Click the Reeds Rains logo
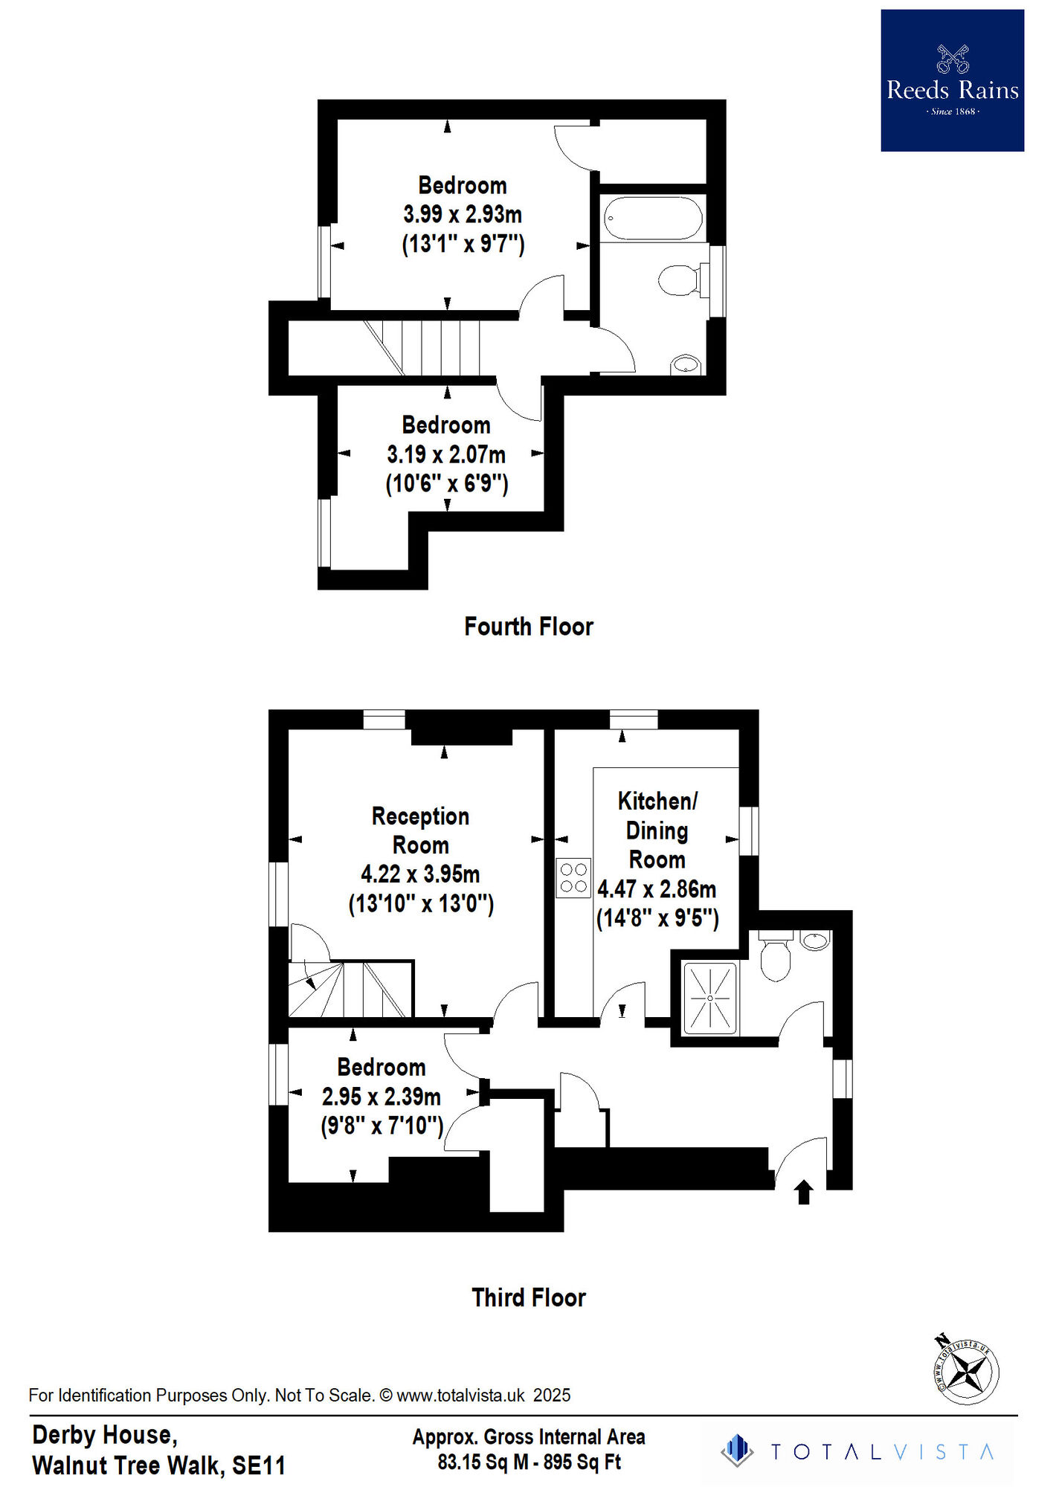coord(952,80)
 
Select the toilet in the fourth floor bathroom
coord(678,280)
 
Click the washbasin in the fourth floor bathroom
coord(686,365)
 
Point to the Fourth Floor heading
coord(528,627)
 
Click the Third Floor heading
coord(528,1297)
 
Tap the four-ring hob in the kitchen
coord(573,877)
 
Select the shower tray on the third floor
coord(709,998)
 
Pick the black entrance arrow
coord(803,1192)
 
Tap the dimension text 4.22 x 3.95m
coord(420,874)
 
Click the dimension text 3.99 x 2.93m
coord(463,215)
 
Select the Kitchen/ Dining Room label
coord(657,830)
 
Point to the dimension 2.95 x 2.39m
coord(381,1097)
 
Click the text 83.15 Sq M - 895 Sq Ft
coord(529,1462)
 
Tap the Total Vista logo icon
coord(737,1451)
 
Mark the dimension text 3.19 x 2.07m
coord(446,454)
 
